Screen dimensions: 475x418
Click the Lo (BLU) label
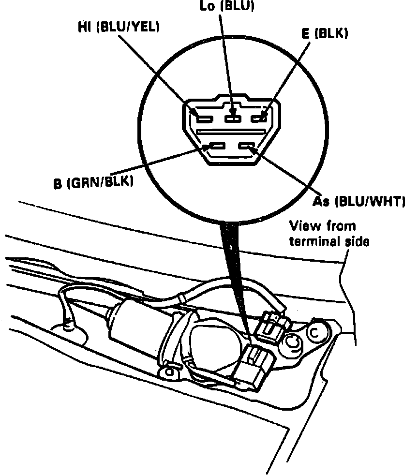[226, 5]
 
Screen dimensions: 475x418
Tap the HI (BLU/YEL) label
[118, 28]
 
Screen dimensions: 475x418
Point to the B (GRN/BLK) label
[93, 183]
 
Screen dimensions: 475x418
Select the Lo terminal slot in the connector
[234, 118]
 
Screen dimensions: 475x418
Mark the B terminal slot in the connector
[216, 146]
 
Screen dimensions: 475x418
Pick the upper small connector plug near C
[271, 326]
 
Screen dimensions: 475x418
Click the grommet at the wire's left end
[69, 327]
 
